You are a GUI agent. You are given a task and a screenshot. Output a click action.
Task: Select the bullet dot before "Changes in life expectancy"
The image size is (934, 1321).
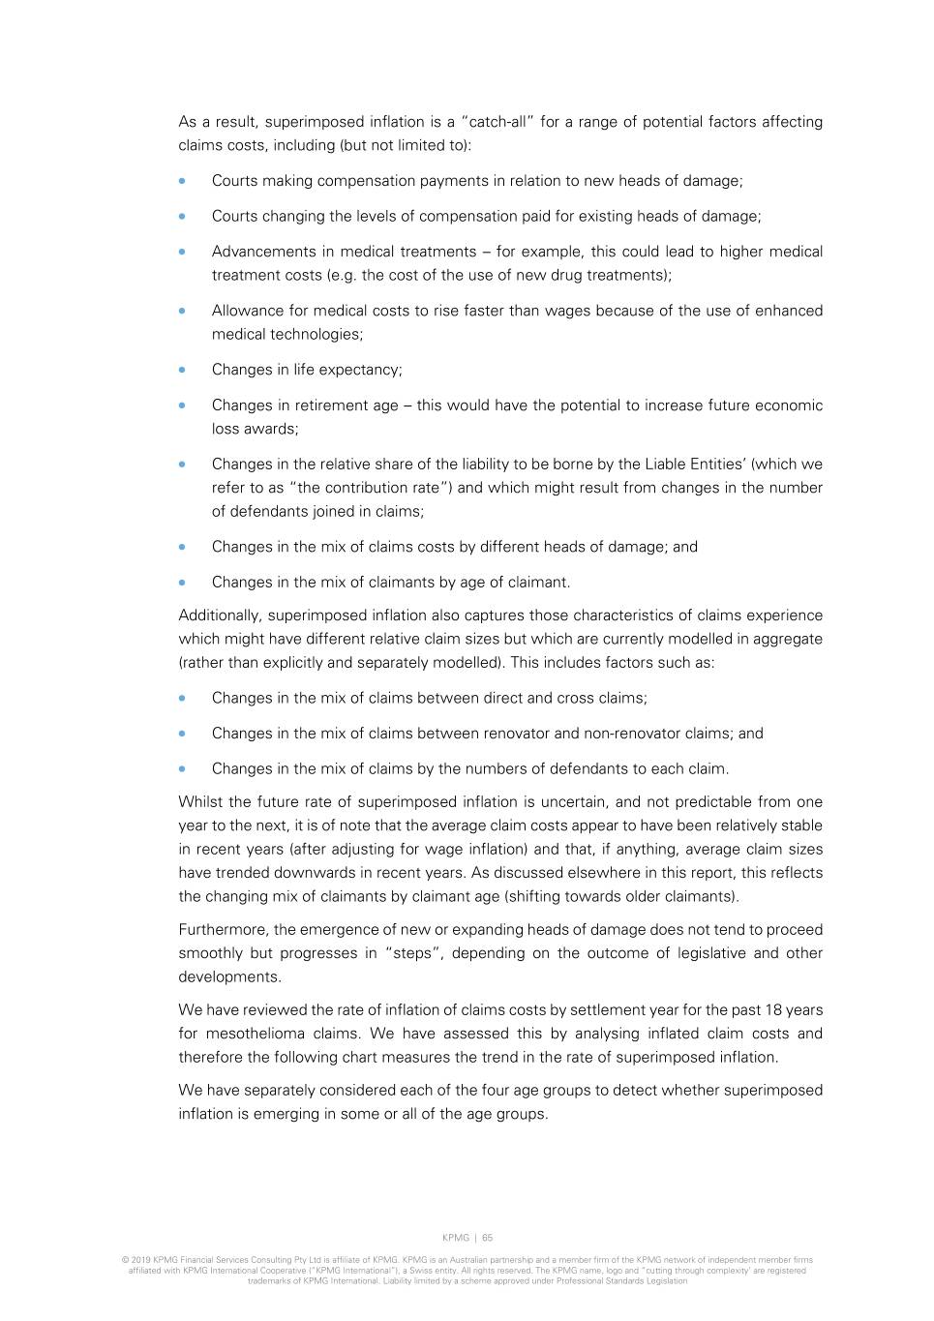182,370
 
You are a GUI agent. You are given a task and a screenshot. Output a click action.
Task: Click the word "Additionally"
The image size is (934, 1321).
219,615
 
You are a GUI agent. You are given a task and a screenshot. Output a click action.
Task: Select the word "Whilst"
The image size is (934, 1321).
201,802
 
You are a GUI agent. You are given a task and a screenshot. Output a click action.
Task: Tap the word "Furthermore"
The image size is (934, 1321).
222,930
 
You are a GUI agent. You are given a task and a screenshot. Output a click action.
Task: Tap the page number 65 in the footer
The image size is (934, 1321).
488,1238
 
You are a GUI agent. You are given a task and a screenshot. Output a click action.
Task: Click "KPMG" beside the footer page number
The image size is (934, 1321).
456,1238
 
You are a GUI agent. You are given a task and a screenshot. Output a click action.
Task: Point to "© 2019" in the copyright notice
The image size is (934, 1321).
136,1260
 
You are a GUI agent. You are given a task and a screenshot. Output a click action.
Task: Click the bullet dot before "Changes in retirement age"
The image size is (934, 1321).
182,405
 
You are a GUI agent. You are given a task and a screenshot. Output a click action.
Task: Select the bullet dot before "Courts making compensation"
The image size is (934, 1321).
182,181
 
